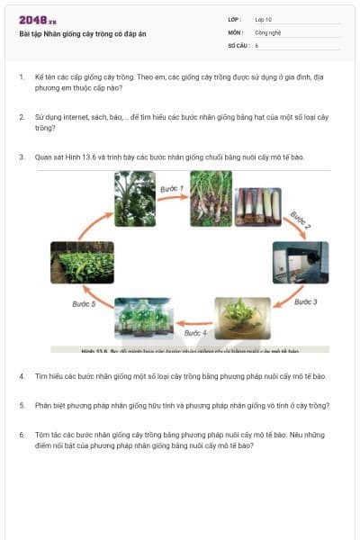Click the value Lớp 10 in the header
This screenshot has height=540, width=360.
point(263,19)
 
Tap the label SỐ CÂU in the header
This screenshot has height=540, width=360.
point(238,44)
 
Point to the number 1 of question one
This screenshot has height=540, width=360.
point(21,77)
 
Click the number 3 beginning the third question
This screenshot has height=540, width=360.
point(21,157)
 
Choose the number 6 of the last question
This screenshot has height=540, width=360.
point(21,435)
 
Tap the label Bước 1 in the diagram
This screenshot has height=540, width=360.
point(172,189)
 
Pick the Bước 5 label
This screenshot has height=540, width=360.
point(84,303)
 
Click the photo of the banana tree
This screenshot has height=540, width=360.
point(135,198)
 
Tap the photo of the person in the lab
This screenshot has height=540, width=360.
point(301,262)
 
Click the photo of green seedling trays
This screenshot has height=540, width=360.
point(82,262)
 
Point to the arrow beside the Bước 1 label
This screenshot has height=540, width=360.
point(172,200)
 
